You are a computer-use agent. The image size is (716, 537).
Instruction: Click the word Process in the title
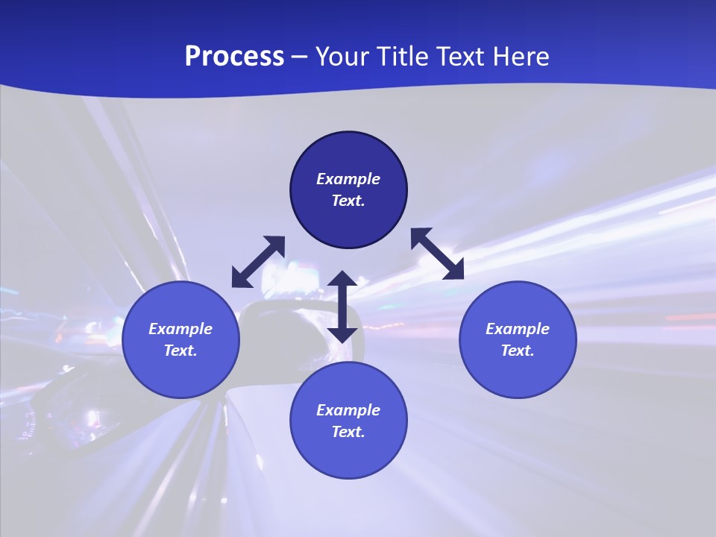coord(234,57)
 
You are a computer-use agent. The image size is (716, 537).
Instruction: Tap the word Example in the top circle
coord(348,179)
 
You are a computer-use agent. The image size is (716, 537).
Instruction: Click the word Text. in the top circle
coord(348,201)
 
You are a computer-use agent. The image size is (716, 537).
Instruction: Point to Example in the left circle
coord(180,329)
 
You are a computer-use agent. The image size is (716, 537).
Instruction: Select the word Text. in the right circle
coord(518,351)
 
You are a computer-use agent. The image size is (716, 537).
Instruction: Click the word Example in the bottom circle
coord(348,410)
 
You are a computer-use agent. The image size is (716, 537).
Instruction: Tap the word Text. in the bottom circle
coord(348,432)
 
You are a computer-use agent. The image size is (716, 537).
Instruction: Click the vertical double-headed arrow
coord(342,307)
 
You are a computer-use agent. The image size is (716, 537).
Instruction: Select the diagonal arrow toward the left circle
coord(258,262)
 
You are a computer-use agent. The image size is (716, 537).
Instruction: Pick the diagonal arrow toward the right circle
coord(437,254)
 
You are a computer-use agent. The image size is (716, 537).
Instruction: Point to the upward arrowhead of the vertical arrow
coord(342,280)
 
